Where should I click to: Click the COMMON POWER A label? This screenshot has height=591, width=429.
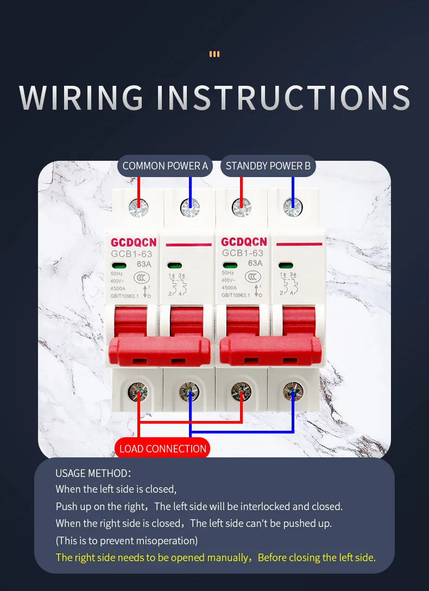[x=165, y=166]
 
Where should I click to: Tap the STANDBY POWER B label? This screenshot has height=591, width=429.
[x=268, y=166]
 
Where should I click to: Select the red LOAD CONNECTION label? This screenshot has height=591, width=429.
[x=162, y=449]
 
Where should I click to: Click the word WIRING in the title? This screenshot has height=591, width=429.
[x=81, y=97]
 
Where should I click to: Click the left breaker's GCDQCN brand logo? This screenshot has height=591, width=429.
[x=134, y=242]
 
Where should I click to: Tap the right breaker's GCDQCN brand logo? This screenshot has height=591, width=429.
[x=244, y=242]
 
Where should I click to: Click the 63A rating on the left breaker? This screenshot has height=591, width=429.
[x=144, y=264]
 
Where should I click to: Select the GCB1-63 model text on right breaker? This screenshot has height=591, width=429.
[x=242, y=253]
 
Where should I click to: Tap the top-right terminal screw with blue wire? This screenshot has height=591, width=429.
[x=293, y=208]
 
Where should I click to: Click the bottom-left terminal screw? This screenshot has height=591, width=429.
[x=138, y=391]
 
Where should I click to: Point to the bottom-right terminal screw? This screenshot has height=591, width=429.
[x=293, y=391]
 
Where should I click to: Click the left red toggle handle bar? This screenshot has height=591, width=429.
[x=160, y=350]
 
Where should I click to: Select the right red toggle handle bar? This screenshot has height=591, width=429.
[x=270, y=350]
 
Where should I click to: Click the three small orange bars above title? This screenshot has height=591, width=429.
[x=214, y=54]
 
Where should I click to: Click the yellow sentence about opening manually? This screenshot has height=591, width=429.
[x=216, y=557]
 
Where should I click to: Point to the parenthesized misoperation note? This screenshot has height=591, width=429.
[x=127, y=540]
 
